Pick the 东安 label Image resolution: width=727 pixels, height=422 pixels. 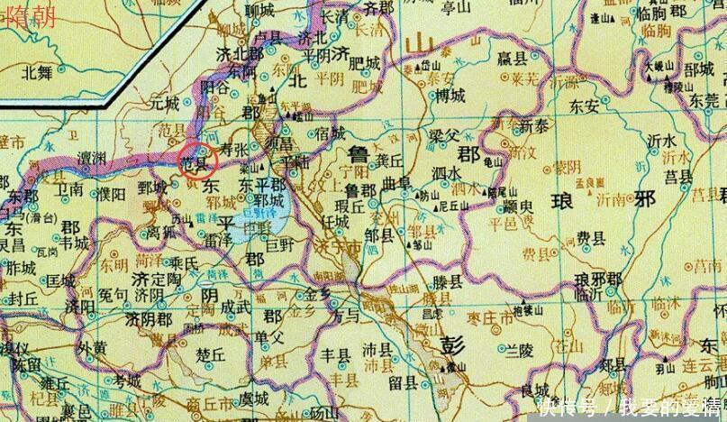pyautogui.click(x=584, y=105)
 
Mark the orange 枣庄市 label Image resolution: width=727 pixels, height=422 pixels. pyautogui.click(x=484, y=316)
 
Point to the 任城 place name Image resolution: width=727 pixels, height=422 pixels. pyautogui.click(x=334, y=219)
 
